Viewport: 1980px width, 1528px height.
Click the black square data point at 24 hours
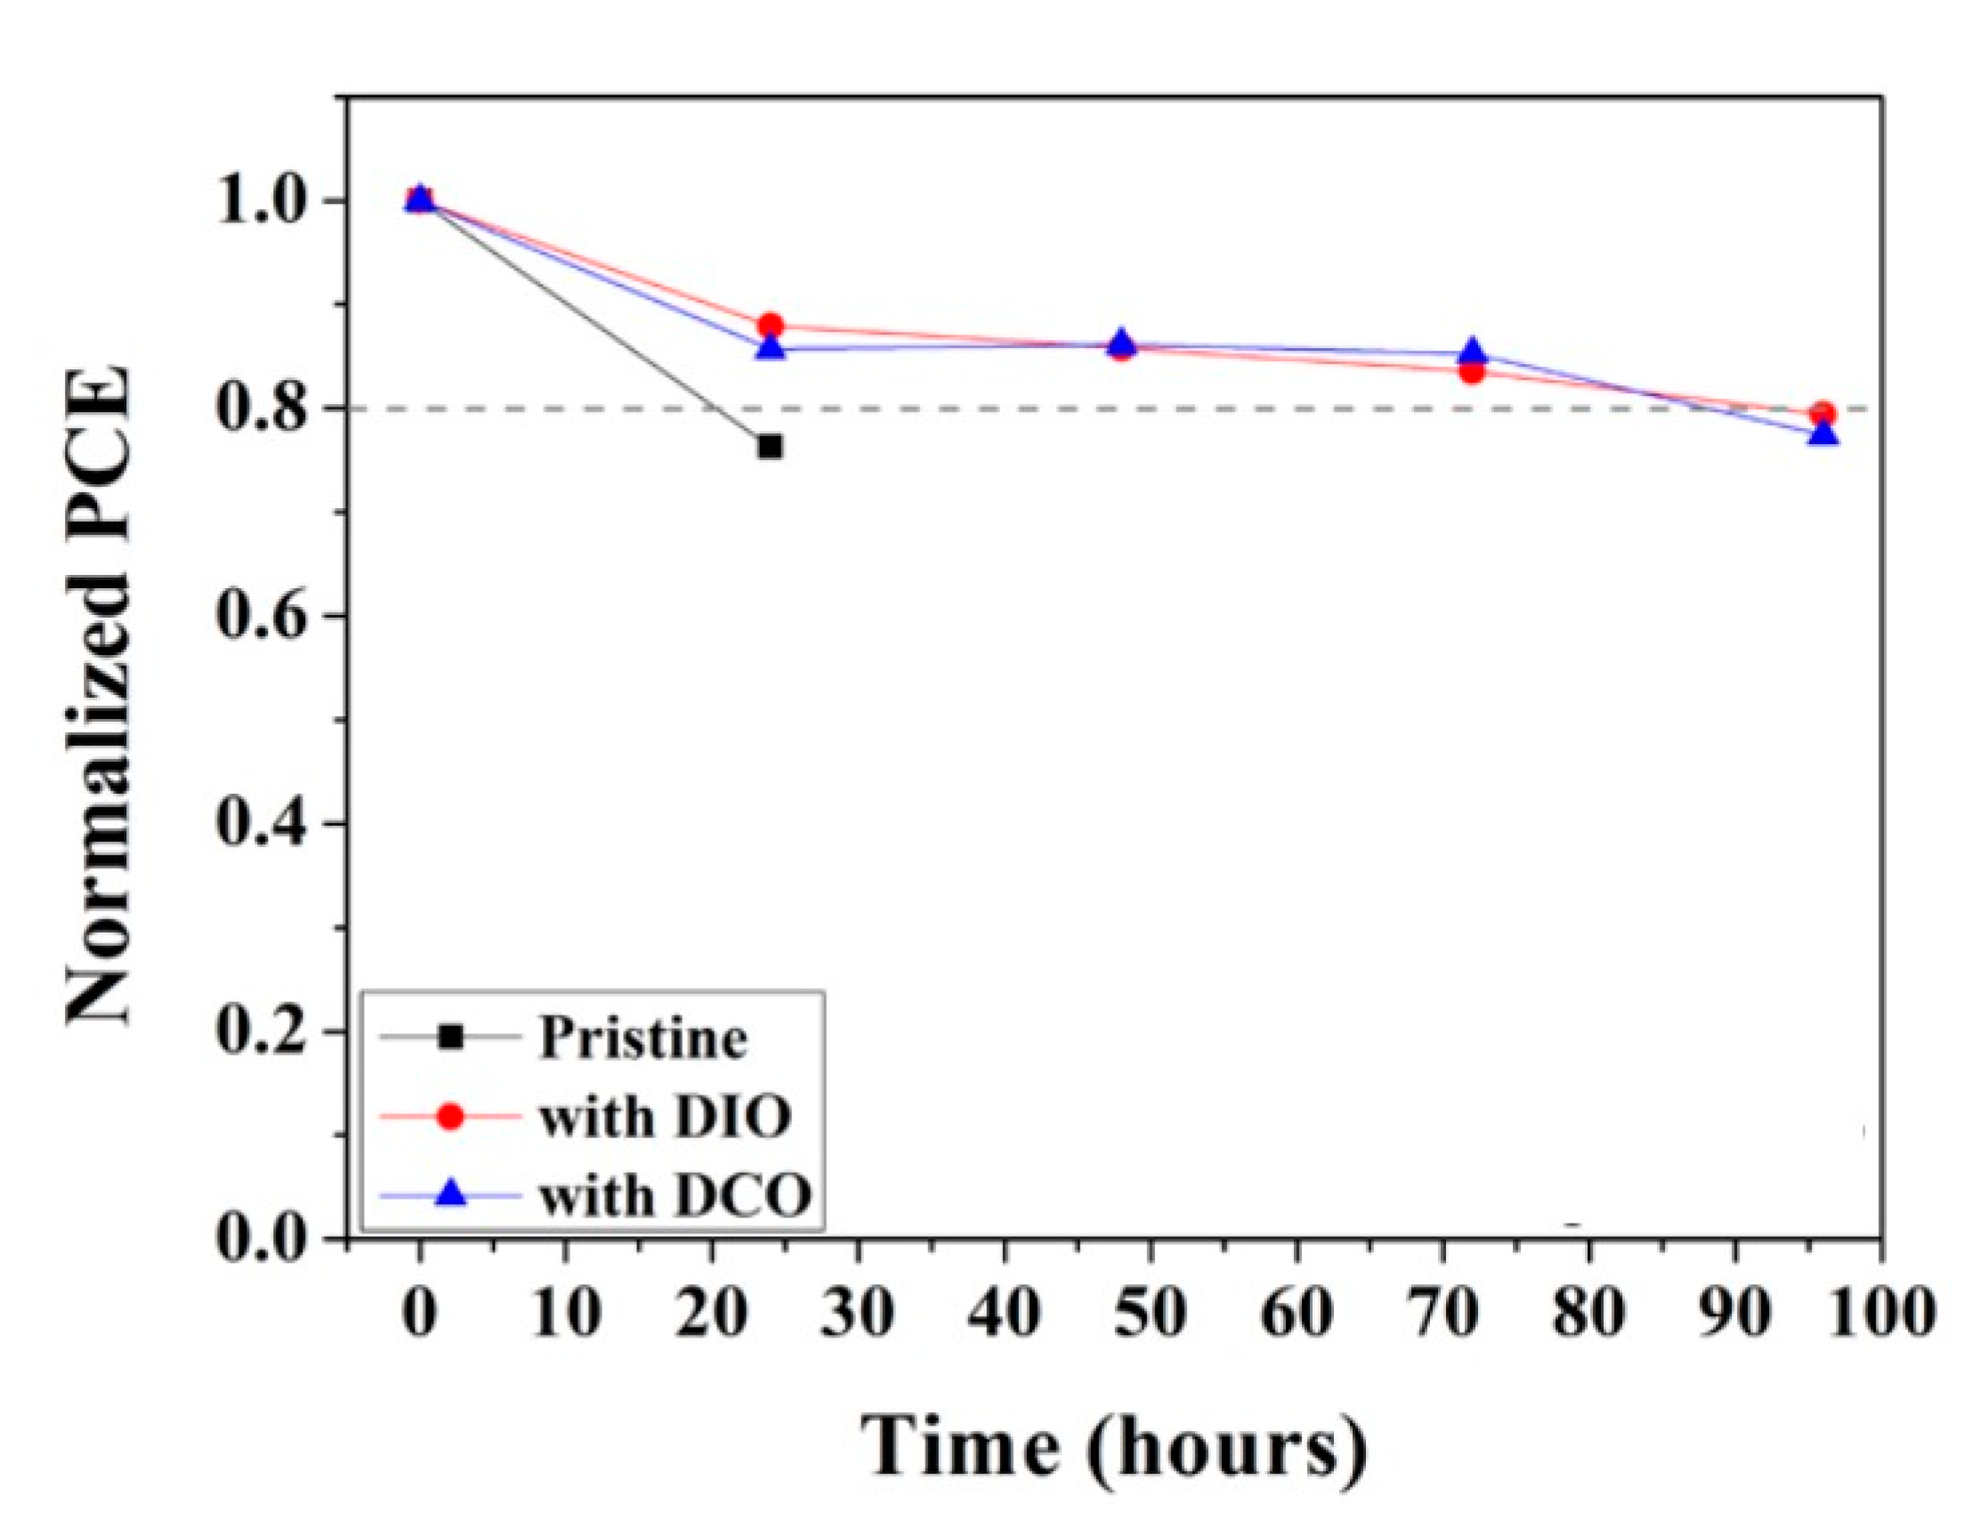click(x=770, y=446)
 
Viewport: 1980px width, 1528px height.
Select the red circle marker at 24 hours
click(x=771, y=326)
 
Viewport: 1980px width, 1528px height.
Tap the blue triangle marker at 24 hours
click(x=771, y=347)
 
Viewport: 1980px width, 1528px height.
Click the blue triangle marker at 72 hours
click(x=1474, y=351)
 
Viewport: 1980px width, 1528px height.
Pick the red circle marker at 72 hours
click(x=1474, y=371)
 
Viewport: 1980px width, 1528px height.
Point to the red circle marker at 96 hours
click(x=1823, y=414)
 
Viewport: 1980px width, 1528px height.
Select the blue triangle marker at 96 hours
click(x=1823, y=434)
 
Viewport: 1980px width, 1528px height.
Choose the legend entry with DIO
click(x=665, y=1116)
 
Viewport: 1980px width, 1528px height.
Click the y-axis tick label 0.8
click(x=262, y=409)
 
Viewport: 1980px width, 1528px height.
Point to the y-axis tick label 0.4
click(x=262, y=824)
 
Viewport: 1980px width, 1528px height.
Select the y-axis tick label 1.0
click(x=262, y=200)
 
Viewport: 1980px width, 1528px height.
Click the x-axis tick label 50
click(x=1151, y=1312)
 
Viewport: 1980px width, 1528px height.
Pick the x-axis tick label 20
click(x=712, y=1312)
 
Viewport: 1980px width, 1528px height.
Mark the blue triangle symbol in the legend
click(x=450, y=1196)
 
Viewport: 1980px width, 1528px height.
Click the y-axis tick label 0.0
click(x=262, y=1239)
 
